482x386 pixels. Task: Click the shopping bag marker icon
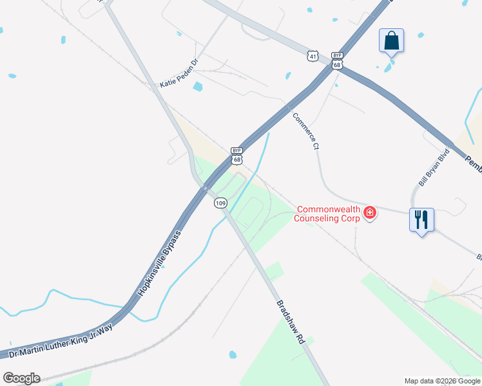point(391,41)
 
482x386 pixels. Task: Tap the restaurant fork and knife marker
point(422,219)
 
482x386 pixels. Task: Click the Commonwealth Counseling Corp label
point(328,214)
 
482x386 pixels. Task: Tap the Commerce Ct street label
point(306,131)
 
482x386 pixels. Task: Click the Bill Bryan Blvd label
point(433,170)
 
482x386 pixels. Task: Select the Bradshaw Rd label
point(290,322)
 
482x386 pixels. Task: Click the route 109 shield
point(220,203)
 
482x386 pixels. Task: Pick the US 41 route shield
point(312,57)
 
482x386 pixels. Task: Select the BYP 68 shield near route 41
point(336,60)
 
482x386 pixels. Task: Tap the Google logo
point(21,378)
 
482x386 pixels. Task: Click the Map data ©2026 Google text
point(442,381)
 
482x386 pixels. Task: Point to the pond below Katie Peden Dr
point(198,86)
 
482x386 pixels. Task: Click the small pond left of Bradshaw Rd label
point(233,354)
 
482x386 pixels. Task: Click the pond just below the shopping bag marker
point(389,66)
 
